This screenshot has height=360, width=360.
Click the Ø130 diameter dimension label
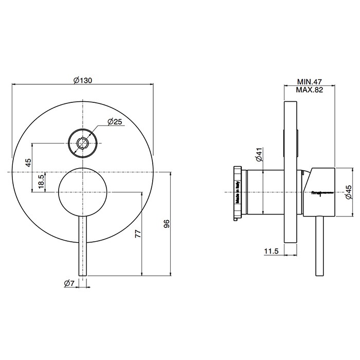coord(82,80)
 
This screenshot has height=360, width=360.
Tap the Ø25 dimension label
coord(114,122)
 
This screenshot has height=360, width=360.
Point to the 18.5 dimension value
coord(41,181)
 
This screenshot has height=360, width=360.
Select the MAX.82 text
coord(309,89)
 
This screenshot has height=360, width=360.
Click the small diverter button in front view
coord(82,142)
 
